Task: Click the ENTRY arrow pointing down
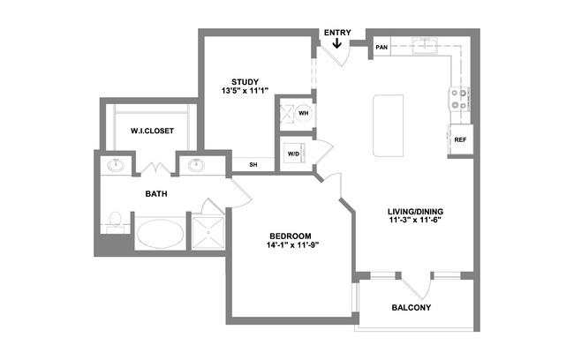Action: (337, 43)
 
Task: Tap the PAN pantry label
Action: (381, 47)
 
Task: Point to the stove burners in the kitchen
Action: (459, 99)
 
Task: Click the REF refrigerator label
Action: (460, 139)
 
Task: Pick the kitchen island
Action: (389, 125)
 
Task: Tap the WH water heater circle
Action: (304, 114)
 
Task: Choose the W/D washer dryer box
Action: (293, 154)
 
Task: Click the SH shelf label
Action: (253, 165)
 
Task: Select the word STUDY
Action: (245, 82)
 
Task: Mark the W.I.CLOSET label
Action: (152, 131)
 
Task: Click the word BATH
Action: (156, 193)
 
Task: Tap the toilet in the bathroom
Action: (116, 221)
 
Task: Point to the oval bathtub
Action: (160, 234)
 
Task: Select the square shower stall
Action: (208, 233)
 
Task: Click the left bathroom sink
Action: (116, 165)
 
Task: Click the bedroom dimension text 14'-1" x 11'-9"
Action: (291, 245)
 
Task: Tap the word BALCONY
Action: (412, 308)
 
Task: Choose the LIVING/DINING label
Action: (416, 212)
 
